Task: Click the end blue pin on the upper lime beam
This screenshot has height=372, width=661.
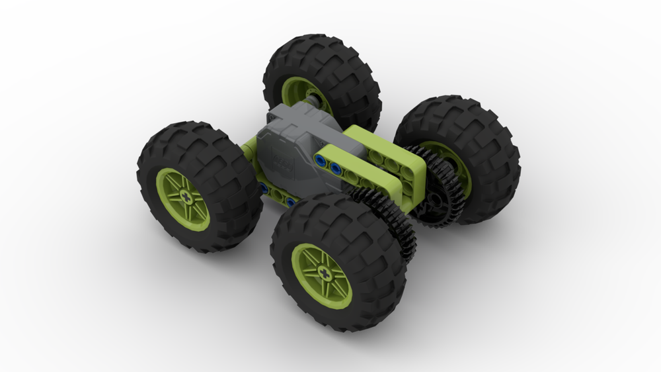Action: (x=321, y=161)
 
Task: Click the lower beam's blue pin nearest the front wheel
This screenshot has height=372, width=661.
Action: (x=291, y=201)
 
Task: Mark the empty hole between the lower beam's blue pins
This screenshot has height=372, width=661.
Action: (x=278, y=196)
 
